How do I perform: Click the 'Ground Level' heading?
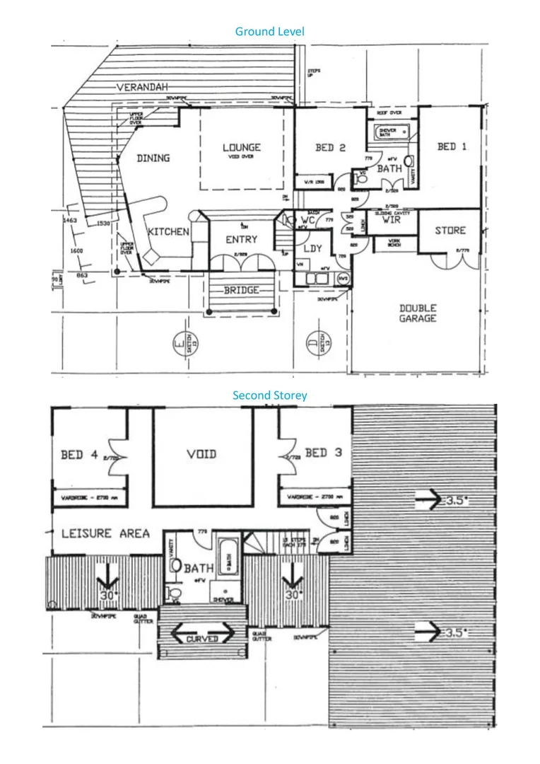(x=269, y=31)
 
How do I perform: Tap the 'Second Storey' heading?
(x=269, y=395)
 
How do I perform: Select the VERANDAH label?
(x=142, y=87)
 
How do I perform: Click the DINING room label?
(x=153, y=158)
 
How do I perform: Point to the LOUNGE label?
(x=242, y=147)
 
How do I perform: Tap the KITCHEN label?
(x=168, y=231)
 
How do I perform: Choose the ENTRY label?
(x=242, y=240)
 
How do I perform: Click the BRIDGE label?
(x=241, y=290)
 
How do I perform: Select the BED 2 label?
(x=330, y=148)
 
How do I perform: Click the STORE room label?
(x=450, y=231)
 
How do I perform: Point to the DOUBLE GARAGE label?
(x=418, y=313)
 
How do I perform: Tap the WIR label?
(x=392, y=220)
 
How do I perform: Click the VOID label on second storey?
(x=201, y=454)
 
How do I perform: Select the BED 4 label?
(x=78, y=455)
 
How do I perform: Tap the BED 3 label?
(x=323, y=453)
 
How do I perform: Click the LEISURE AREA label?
(x=105, y=533)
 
